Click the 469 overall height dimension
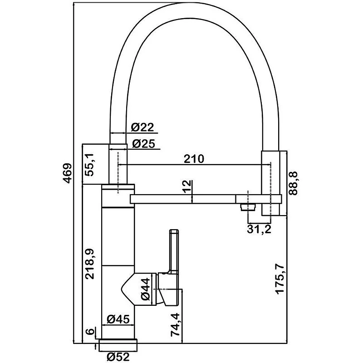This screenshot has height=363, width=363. [x=67, y=173]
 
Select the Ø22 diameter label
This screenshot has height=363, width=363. [x=143, y=128]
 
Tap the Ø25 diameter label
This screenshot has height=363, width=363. [x=143, y=144]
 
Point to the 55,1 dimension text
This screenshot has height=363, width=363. [x=90, y=164]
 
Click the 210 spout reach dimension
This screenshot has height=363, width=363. [x=194, y=159]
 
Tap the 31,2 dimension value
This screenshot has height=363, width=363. [x=259, y=229]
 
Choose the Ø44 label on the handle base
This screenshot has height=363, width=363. [x=146, y=289]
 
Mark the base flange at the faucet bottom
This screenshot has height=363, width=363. [x=117, y=344]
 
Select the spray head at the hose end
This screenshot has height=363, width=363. [x=272, y=184]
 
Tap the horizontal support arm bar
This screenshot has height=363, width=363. [x=181, y=199]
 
